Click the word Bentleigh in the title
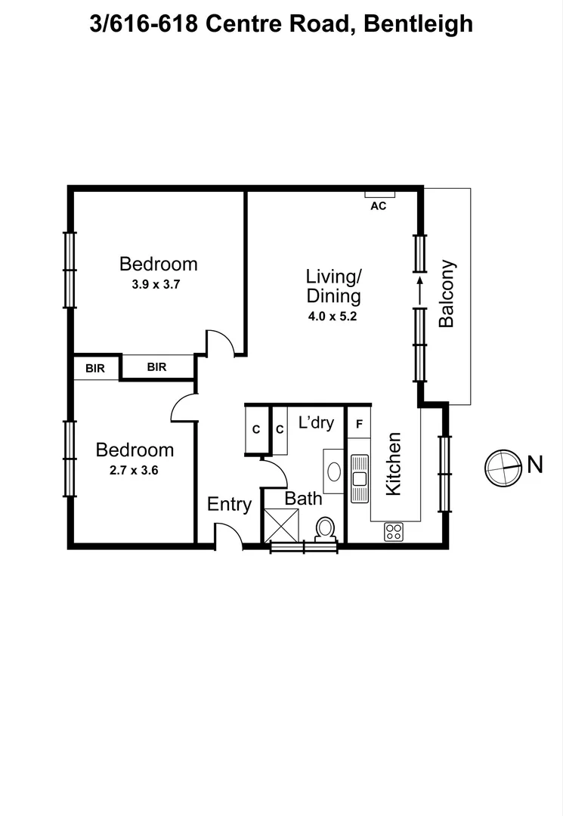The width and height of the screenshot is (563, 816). [x=418, y=23]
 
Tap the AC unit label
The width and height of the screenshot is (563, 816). [x=379, y=206]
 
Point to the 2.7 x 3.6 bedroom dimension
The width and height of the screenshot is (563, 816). [x=135, y=469]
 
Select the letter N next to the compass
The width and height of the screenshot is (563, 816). [x=535, y=465]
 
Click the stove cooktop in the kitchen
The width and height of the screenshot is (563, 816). [x=393, y=531]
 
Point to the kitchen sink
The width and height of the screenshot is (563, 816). [x=359, y=478]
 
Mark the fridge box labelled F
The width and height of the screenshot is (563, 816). [x=359, y=424]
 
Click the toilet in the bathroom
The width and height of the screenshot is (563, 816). [x=326, y=527]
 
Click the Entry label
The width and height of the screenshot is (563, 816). [x=229, y=504]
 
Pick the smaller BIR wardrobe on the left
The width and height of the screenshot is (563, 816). [x=95, y=368]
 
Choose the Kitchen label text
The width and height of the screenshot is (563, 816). [x=393, y=464]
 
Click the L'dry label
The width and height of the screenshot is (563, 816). [x=316, y=422]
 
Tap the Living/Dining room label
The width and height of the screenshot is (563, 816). [x=333, y=285]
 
